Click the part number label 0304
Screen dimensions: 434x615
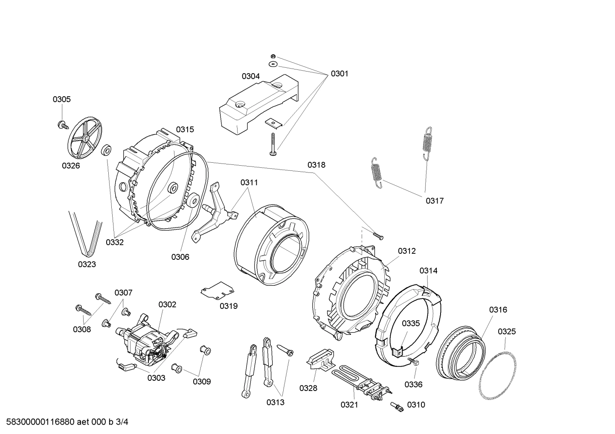250,76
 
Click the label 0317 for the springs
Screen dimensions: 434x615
434,201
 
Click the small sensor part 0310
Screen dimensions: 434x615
398,408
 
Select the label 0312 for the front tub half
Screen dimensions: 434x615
406,251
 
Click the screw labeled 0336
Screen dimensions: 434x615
414,361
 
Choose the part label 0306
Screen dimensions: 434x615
180,257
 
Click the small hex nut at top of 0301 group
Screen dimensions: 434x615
273,57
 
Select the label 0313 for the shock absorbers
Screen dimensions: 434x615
275,402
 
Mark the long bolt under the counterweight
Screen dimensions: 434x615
272,144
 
